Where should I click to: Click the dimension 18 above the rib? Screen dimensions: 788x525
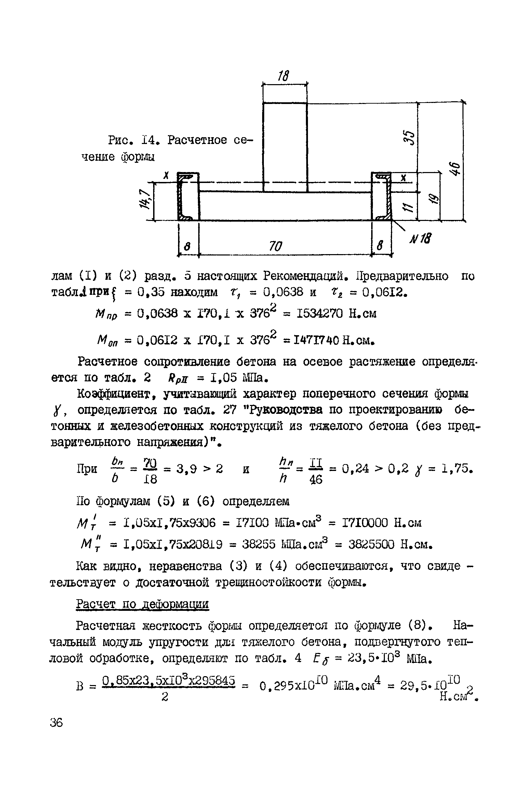pos(284,76)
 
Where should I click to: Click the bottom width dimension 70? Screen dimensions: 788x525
pos(276,246)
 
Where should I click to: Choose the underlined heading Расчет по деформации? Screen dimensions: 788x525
pos(142,605)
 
